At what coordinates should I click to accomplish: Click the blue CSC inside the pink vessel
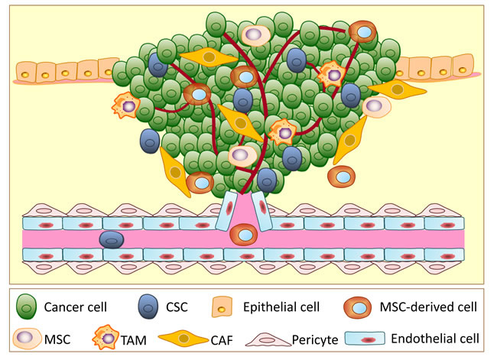(113, 239)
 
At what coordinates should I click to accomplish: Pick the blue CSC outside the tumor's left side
(150, 141)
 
